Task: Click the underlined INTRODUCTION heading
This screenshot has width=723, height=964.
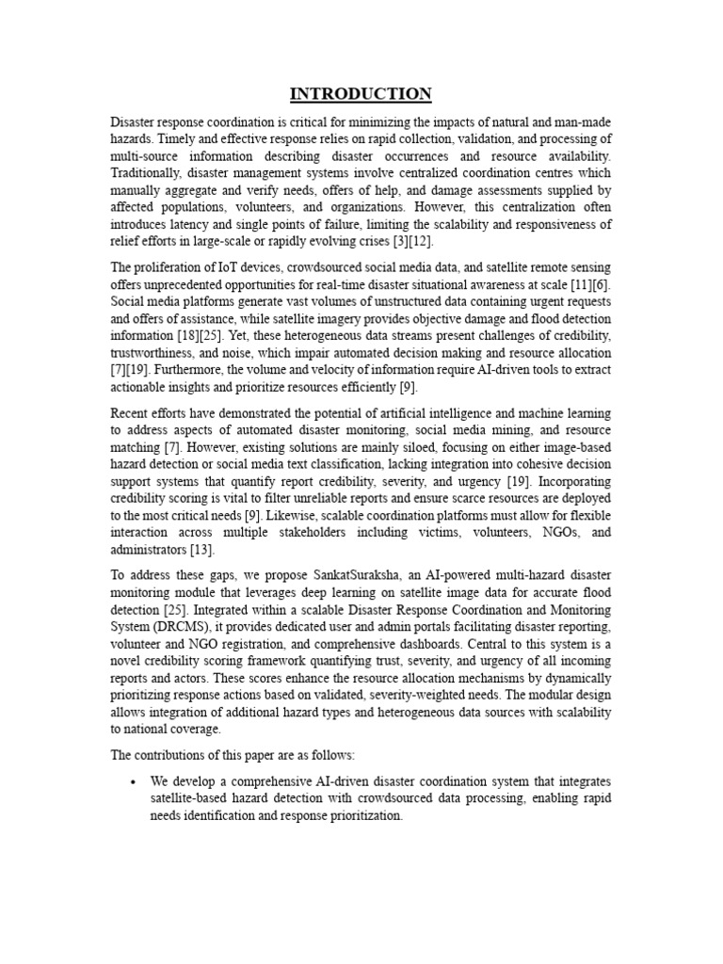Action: point(361,93)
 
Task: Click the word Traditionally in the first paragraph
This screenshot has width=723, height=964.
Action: point(146,173)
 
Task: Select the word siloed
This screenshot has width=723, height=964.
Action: point(393,447)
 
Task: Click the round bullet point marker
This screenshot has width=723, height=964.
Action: point(135,782)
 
